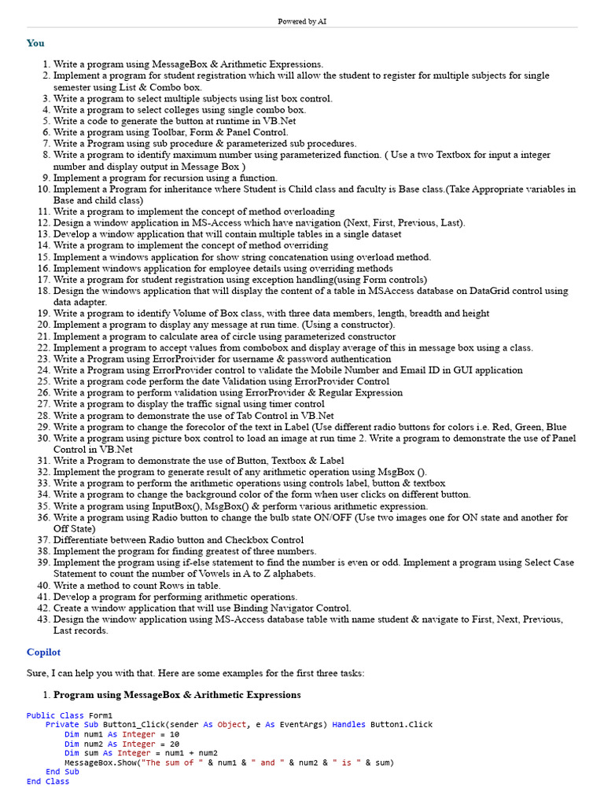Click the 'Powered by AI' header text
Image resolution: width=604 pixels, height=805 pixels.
click(x=302, y=21)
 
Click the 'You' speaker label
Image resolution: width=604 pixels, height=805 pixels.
click(x=35, y=43)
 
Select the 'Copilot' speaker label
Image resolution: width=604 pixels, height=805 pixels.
click(x=43, y=652)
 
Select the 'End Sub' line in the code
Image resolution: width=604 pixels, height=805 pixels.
click(x=62, y=772)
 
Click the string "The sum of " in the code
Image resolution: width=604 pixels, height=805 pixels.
click(x=173, y=763)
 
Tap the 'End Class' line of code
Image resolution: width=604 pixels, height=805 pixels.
click(x=47, y=781)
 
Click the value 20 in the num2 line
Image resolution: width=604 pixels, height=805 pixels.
click(x=174, y=744)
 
